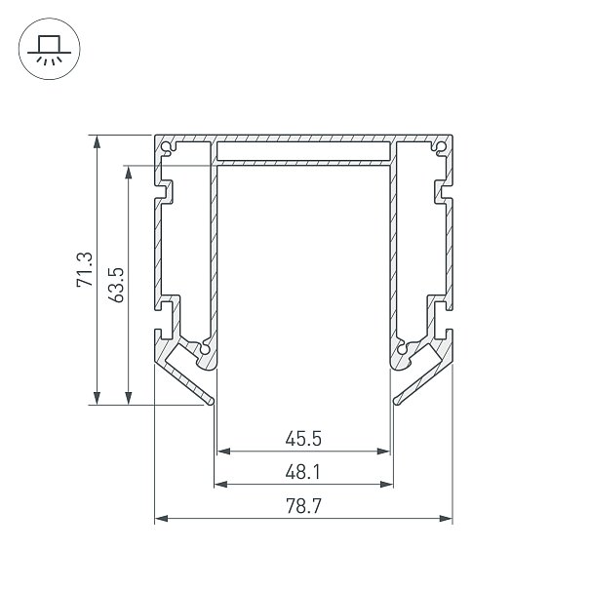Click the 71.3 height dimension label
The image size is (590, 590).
coord(84,270)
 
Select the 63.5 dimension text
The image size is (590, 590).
coord(116,285)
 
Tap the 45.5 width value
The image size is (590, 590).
coord(303,439)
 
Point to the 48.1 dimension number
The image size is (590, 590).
coord(302,472)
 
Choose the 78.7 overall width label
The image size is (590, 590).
coord(303,506)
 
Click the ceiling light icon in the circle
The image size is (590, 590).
coord(50,49)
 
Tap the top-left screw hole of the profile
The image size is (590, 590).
coord(166,147)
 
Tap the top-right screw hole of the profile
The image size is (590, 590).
coord(441,147)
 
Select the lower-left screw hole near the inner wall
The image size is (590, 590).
coord(205,349)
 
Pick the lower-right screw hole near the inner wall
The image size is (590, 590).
coord(402,349)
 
